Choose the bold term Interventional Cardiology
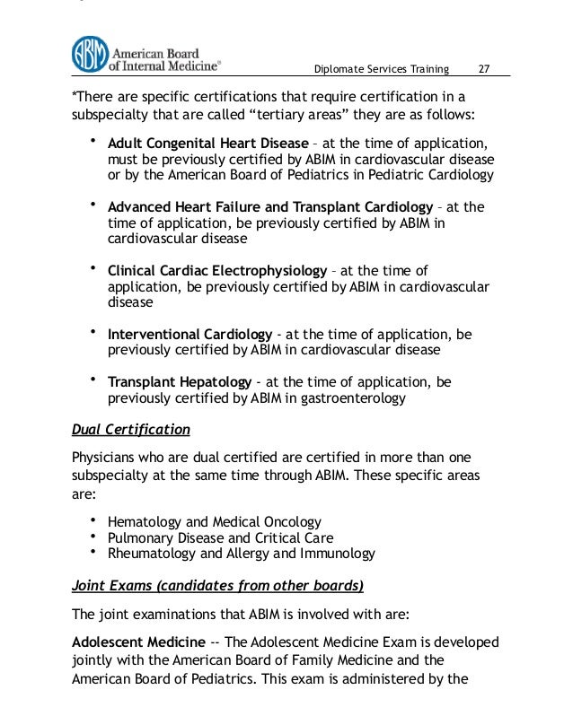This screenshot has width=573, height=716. [x=177, y=334]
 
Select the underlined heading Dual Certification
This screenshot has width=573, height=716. [x=130, y=429]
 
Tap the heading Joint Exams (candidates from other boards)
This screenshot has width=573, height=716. [x=217, y=587]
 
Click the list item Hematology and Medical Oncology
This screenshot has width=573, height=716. [x=214, y=521]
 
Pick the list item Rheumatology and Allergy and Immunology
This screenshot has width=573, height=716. [x=241, y=554]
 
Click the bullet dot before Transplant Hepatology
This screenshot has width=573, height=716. [x=93, y=380]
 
